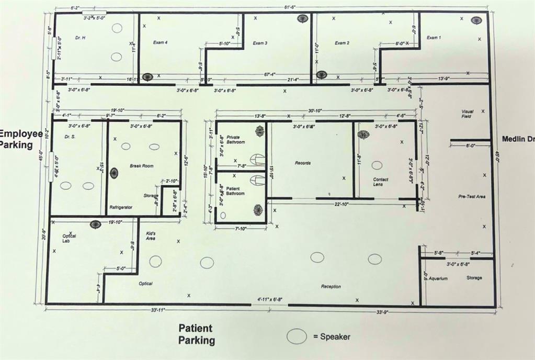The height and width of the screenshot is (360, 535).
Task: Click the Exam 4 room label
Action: pos(160,42)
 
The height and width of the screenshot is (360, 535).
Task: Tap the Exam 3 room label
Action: pos(260,43)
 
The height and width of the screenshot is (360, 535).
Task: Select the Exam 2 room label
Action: pos(342,42)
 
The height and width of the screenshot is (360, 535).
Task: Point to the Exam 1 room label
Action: pos(434,38)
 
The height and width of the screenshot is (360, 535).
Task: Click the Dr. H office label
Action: pos(80,38)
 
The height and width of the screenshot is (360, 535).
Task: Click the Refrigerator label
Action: pos(121,208)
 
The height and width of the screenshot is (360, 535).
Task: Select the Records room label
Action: pos(302,163)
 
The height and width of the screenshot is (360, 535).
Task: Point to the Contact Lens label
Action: pos(380,182)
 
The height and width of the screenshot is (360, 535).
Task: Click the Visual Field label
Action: pos(466,114)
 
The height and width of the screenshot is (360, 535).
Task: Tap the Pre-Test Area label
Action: pos(472,196)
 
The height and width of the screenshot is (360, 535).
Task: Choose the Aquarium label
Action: pos(438,278)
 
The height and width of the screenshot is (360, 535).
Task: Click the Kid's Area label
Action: pos(151,235)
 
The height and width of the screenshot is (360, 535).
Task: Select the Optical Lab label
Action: pos(69,238)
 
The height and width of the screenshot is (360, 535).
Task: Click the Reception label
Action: pos(331,286)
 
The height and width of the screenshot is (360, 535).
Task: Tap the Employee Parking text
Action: pos(21,139)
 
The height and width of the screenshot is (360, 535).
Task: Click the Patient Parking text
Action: pos(196,334)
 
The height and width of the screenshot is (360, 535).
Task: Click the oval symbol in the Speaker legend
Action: pos(297,336)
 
